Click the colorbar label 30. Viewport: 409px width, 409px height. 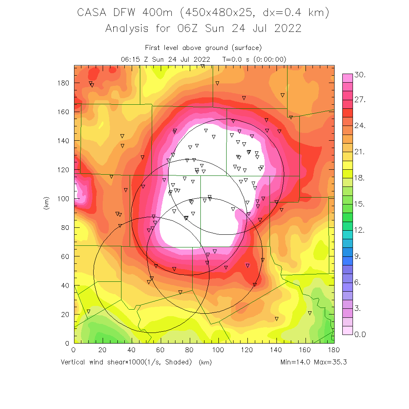pyautogui.click(x=360, y=75)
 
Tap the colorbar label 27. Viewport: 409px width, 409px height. pyautogui.click(x=360, y=100)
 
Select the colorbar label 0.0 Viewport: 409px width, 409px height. pyautogui.click(x=360, y=335)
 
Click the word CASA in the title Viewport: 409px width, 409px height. pyautogui.click(x=92, y=13)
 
